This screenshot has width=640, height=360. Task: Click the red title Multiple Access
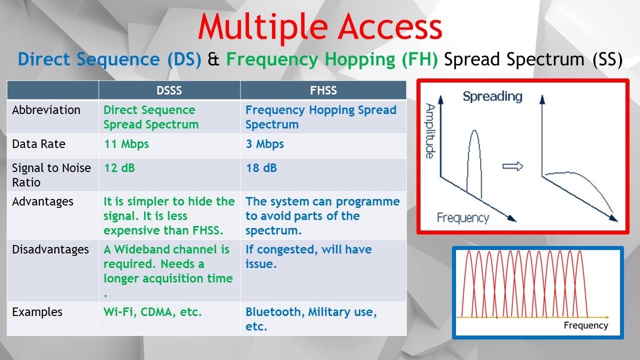coord(320,27)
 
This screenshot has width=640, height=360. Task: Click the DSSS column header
coord(169,90)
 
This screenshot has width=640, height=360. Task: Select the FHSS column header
coord(323,90)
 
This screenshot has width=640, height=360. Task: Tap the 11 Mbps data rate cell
coord(126,144)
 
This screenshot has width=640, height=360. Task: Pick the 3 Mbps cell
coord(265,144)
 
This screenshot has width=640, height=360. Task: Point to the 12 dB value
coord(119,168)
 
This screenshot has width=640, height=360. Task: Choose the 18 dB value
coord(261,168)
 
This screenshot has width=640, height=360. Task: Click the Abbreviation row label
coord(46,110)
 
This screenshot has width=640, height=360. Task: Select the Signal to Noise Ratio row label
coord(51,175)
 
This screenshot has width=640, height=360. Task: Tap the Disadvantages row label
coord(50,249)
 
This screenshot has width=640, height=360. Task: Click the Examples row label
coord(37,312)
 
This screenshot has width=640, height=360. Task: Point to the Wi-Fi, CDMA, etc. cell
coord(152,312)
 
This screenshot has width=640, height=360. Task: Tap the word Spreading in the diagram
coord(492,96)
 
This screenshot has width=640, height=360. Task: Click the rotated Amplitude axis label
coord(430,131)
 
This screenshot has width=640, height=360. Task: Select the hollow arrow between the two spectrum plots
coord(512,166)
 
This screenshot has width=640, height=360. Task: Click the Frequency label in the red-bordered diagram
coord(463,218)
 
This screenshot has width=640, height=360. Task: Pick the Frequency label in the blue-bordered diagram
coord(585,325)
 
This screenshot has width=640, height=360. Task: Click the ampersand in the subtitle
coord(213,59)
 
